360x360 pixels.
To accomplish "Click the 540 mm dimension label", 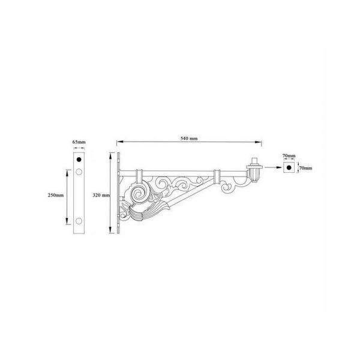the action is click(x=189, y=139).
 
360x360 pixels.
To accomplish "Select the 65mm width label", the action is click(x=79, y=142).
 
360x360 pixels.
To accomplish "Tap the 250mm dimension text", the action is click(x=56, y=195).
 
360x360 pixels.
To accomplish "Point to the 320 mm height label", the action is click(x=101, y=195).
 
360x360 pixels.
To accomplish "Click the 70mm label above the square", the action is click(x=289, y=155).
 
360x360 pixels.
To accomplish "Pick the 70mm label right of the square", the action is click(x=305, y=168).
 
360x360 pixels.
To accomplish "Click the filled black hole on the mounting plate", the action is click(x=79, y=160).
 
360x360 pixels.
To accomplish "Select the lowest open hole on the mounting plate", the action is click(x=79, y=221).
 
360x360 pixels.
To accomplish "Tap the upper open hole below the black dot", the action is click(x=79, y=172).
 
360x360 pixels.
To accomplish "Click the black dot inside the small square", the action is click(x=289, y=167).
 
